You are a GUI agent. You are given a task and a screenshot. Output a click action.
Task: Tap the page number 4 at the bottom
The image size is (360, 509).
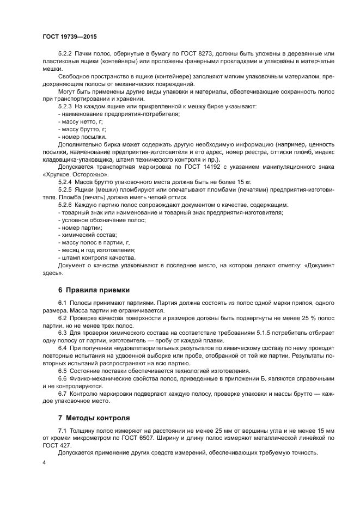[x=44, y=463]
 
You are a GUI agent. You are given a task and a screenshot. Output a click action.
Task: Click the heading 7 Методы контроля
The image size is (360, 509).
[x=94, y=418]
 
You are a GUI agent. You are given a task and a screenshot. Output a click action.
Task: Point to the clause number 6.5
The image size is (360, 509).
[x=63, y=370]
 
